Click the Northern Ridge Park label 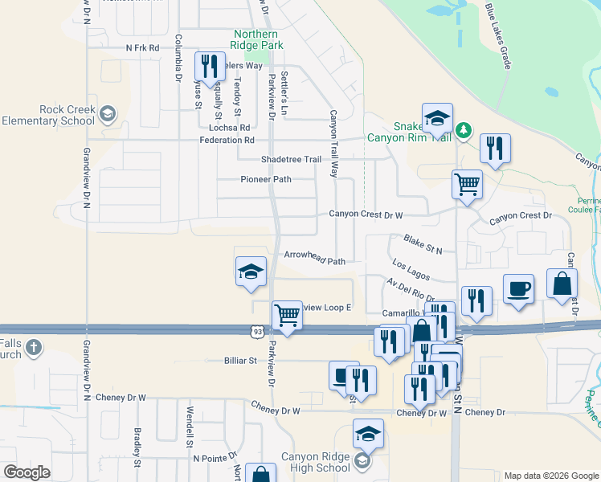pyautogui.click(x=256, y=40)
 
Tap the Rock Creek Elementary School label pyautogui.click(x=48, y=115)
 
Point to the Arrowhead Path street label pyautogui.click(x=314, y=261)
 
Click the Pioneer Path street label pyautogui.click(x=266, y=179)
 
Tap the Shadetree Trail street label pyautogui.click(x=290, y=159)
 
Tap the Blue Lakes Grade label pyautogui.click(x=497, y=35)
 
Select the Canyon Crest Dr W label pyautogui.click(x=365, y=214)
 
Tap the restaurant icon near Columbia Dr pyautogui.click(x=209, y=66)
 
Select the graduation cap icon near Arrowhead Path pyautogui.click(x=250, y=271)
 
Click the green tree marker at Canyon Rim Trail pyautogui.click(x=463, y=129)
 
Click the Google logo pyautogui.click(x=27, y=472)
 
